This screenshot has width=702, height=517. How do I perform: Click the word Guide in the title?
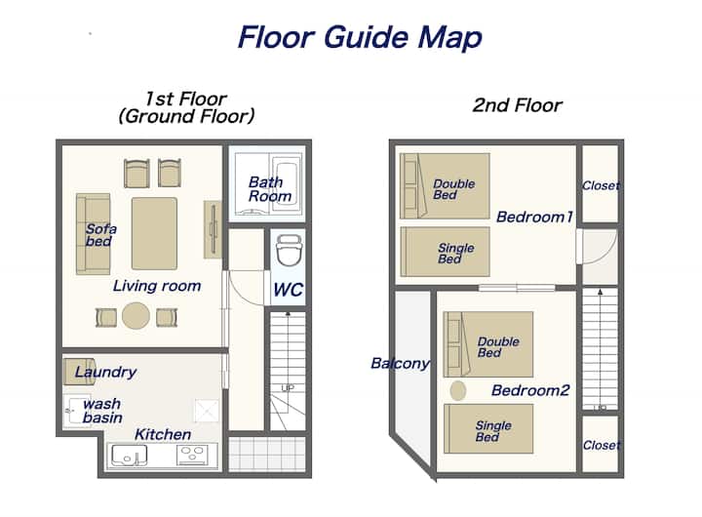[x=367, y=38]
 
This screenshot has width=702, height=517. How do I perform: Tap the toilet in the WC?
[x=289, y=250]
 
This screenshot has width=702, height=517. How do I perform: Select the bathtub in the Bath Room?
[x=286, y=183]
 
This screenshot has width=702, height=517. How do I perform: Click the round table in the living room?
[x=136, y=315]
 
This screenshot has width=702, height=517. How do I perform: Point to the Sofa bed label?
[x=101, y=235]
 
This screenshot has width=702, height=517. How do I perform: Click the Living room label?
[x=157, y=286]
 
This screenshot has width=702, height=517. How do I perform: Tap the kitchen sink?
[x=129, y=456]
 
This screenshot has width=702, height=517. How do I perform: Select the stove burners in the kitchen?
[x=192, y=455]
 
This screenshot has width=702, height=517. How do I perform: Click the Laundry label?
[x=105, y=372]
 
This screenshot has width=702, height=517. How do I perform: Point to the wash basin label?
[x=102, y=411]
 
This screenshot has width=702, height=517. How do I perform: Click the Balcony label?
[x=401, y=363]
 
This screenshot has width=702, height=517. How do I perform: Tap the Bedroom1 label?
[x=534, y=217]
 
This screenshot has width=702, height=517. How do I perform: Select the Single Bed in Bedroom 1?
[x=445, y=252]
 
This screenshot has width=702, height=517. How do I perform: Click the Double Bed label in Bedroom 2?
[x=498, y=347]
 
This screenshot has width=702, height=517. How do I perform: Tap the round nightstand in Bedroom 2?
[x=457, y=390]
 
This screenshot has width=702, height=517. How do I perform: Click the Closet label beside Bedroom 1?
[x=601, y=185]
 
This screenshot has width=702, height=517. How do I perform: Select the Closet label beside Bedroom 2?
[x=602, y=446]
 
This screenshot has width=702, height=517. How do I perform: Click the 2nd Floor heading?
[x=517, y=105]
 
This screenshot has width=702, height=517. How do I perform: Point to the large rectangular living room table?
[x=154, y=233]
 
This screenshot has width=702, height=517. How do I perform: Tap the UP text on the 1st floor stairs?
[x=288, y=388]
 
